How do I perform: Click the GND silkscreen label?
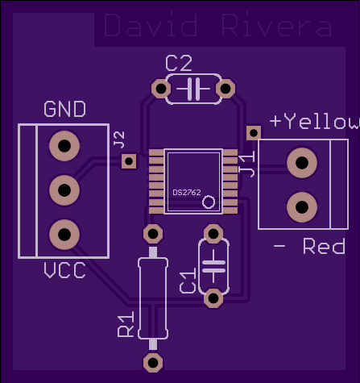(64, 109)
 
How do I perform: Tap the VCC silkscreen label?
(64, 270)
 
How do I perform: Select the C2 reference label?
(179, 63)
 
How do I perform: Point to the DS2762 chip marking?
(187, 193)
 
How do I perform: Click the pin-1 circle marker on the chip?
(209, 202)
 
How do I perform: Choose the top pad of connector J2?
(64, 146)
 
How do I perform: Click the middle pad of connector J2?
(64, 190)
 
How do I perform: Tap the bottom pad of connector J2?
(64, 235)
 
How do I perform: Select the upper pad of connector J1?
(302, 163)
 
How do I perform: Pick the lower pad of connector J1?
(302, 207)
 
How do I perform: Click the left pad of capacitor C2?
(161, 89)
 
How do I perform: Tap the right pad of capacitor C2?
(226, 89)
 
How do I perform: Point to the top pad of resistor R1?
(153, 234)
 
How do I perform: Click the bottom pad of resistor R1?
(153, 363)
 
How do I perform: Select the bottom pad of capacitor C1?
(213, 298)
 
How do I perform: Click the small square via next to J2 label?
(129, 161)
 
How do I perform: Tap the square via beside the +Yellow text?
(254, 133)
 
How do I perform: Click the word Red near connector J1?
(324, 246)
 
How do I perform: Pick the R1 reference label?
(126, 324)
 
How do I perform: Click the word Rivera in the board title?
(277, 26)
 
